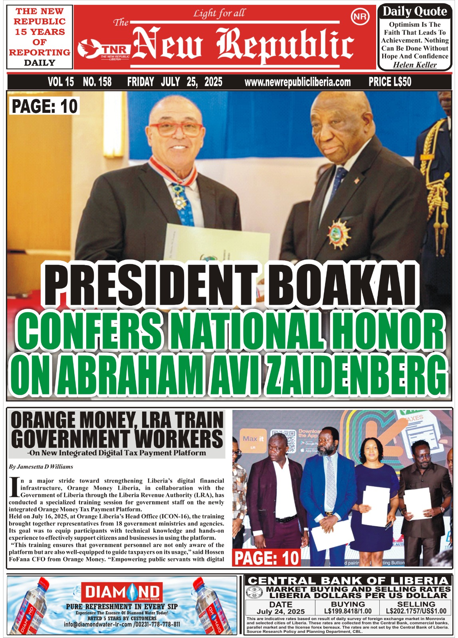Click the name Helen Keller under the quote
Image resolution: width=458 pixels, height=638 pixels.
pos(415,65)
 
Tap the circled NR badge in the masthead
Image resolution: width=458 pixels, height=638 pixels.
pos(358,17)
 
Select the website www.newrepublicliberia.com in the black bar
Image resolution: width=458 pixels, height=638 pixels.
pos(297,82)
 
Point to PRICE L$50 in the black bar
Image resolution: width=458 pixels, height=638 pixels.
pos(390,82)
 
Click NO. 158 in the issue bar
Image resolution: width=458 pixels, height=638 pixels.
pos(97,82)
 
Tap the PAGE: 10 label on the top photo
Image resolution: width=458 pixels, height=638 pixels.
pos(44,106)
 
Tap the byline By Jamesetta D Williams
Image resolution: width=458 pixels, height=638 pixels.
pos(41,466)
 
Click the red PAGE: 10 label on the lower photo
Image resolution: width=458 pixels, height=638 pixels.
pos(266,557)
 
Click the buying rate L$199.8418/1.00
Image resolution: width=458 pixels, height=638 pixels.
pos(348,611)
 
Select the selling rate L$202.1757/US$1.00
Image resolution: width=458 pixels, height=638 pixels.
pos(416,611)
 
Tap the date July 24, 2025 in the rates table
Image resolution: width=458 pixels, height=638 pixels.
pos(280,611)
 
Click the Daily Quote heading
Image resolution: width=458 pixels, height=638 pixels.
pos(414,12)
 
